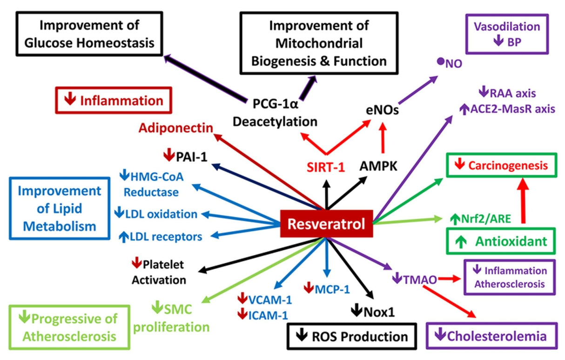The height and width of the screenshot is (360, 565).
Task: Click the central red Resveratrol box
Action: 326,224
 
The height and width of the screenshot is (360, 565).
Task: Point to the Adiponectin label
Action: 176,127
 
